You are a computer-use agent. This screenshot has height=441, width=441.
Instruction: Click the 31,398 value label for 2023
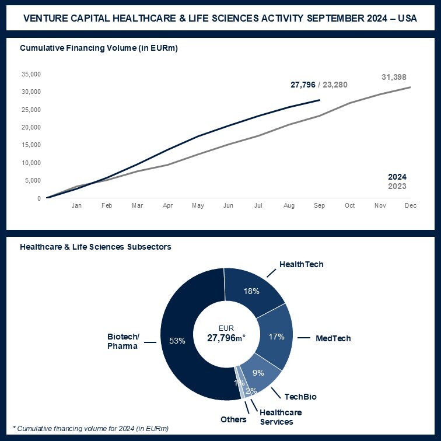[x=394, y=77]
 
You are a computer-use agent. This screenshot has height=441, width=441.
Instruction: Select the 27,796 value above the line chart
[x=302, y=85]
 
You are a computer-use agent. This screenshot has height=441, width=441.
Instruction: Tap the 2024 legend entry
[x=397, y=177]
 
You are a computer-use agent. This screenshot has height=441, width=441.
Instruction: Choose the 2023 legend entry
[x=397, y=186]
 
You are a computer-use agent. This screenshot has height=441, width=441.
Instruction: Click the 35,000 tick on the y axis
[x=31, y=74]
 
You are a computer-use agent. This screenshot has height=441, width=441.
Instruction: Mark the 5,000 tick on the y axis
[x=33, y=180]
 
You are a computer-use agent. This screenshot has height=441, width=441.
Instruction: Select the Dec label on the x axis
[x=411, y=206]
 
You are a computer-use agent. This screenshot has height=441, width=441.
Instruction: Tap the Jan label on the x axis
[x=76, y=206]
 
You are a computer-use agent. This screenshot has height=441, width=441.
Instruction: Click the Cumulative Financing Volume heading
[x=99, y=48]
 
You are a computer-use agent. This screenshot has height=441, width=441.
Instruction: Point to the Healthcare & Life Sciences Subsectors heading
[x=95, y=247]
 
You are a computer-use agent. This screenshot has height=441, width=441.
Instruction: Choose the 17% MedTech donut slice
[x=275, y=336]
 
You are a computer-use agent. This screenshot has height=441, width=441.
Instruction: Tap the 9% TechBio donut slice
[x=258, y=373]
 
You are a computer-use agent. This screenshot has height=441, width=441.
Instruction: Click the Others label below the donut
[x=233, y=419]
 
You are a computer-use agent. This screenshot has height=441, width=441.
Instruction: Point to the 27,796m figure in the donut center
[x=225, y=338]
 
